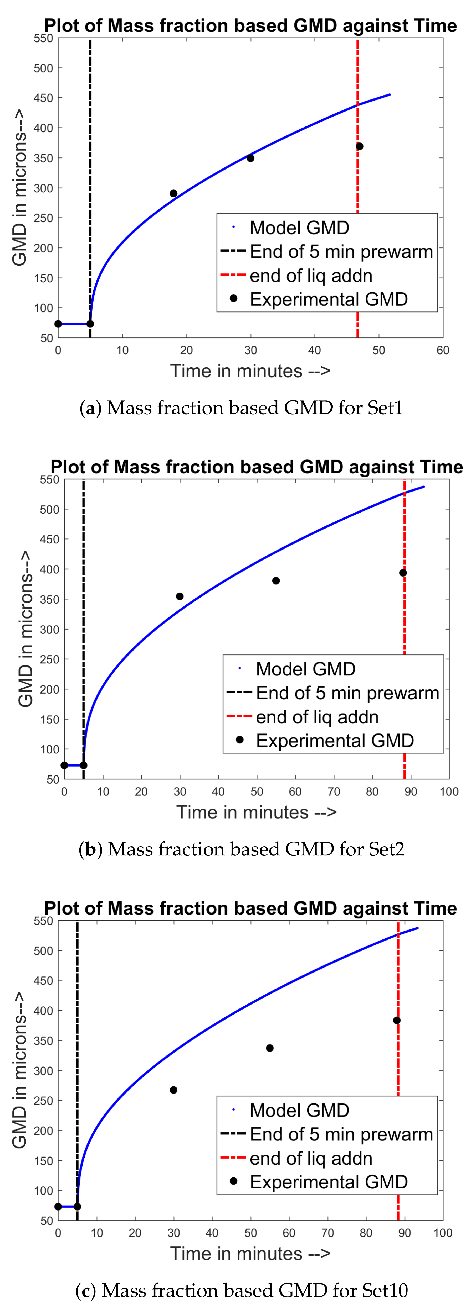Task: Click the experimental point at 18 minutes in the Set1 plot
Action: (174, 193)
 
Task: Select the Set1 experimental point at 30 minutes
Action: (250, 158)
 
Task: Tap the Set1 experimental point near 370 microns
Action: (360, 146)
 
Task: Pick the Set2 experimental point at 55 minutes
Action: (276, 581)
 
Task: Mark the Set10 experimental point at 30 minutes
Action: (174, 1090)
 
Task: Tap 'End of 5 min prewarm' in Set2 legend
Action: (347, 693)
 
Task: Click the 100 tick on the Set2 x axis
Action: (449, 791)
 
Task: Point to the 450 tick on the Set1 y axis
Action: (43, 98)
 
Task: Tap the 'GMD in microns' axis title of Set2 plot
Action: (25, 629)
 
